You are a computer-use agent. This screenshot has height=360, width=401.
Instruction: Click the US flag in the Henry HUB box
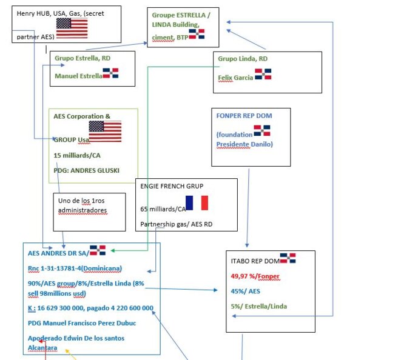(72, 28)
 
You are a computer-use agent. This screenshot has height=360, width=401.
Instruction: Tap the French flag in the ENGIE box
(197, 203)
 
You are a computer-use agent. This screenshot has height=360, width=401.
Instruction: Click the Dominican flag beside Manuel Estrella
(110, 73)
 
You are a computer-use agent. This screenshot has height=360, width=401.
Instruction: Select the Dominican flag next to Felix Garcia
(263, 74)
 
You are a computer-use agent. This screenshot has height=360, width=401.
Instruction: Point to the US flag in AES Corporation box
(105, 132)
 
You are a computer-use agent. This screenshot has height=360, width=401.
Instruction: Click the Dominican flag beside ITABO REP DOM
(288, 258)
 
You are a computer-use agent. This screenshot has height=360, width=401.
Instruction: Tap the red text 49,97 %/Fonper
(255, 276)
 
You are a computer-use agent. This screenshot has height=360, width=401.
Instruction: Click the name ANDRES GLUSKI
(95, 170)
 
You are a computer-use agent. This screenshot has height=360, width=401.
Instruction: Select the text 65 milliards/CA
(163, 209)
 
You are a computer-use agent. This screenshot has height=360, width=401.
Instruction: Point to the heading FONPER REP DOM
(244, 116)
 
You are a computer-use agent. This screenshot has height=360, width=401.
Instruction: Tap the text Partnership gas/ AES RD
(176, 224)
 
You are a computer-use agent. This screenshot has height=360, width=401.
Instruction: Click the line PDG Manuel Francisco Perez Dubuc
(82, 323)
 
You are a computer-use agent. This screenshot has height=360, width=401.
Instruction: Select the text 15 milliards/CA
(77, 155)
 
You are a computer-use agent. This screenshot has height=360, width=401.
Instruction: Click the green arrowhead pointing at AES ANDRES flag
(112, 251)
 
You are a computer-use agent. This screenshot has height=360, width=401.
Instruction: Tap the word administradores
(83, 210)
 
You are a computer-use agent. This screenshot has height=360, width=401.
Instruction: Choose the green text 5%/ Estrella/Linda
(259, 306)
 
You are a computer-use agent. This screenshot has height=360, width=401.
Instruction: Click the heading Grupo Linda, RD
(243, 59)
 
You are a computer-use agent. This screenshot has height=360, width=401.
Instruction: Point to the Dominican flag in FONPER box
(262, 130)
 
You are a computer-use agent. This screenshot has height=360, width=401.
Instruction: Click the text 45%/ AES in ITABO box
(245, 292)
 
